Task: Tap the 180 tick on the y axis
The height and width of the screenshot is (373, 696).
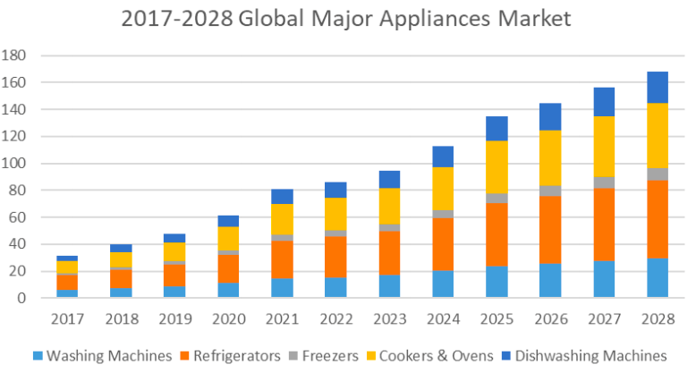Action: click(x=15, y=55)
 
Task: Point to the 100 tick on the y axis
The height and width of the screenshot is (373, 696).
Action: click(x=15, y=164)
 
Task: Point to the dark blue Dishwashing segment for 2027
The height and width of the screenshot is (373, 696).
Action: click(x=604, y=102)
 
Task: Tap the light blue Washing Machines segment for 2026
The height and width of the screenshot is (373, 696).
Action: click(x=550, y=281)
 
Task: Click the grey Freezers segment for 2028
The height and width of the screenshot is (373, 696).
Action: click(x=658, y=174)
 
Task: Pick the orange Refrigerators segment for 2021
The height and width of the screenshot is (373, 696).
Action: click(x=283, y=260)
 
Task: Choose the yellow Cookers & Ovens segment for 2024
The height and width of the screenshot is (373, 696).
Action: click(x=444, y=189)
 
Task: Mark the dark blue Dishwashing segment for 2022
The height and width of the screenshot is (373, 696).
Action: click(x=336, y=191)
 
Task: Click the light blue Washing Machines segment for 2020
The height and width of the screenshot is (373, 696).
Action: click(x=229, y=290)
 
